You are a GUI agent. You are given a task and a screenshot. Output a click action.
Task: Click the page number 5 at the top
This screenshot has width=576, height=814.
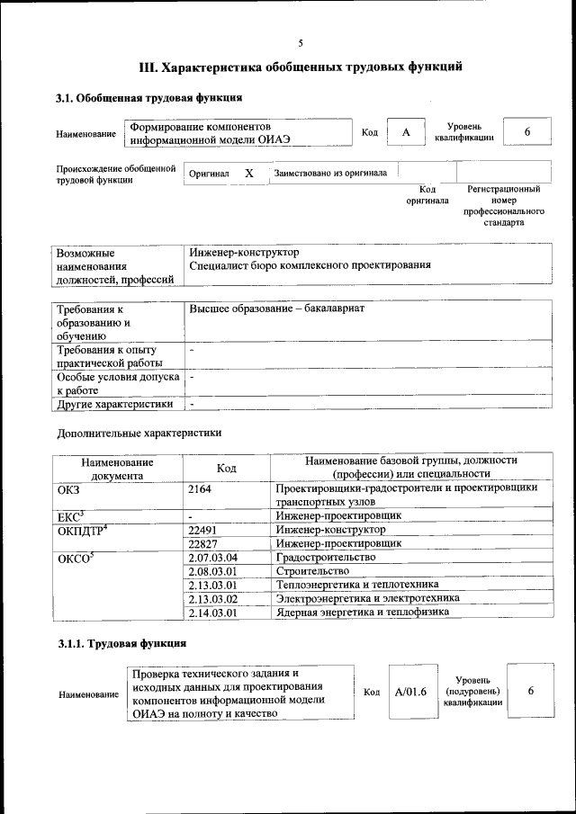click(x=301, y=42)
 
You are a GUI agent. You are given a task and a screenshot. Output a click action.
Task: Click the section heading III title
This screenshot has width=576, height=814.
click(x=301, y=66)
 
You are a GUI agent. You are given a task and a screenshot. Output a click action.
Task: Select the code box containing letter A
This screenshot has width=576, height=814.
click(x=406, y=133)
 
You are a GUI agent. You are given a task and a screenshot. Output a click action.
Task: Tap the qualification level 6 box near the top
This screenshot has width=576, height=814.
click(x=527, y=133)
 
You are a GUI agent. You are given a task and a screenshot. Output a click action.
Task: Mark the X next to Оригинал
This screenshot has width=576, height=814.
click(x=249, y=173)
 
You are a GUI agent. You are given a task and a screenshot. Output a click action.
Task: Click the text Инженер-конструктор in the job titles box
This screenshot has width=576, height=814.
click(x=244, y=252)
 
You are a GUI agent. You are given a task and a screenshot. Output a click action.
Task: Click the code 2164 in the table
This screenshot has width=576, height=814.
click(x=202, y=488)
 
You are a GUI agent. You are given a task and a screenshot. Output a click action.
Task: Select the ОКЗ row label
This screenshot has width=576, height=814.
click(x=68, y=488)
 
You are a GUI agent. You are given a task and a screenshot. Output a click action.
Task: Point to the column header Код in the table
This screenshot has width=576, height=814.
click(x=226, y=468)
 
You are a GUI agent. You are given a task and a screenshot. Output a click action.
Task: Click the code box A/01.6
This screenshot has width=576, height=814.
click(x=410, y=692)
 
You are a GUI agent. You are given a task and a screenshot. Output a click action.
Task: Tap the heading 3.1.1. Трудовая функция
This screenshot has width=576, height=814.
click(x=122, y=644)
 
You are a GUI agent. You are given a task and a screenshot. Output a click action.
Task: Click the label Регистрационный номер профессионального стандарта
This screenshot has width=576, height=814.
click(x=503, y=205)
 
